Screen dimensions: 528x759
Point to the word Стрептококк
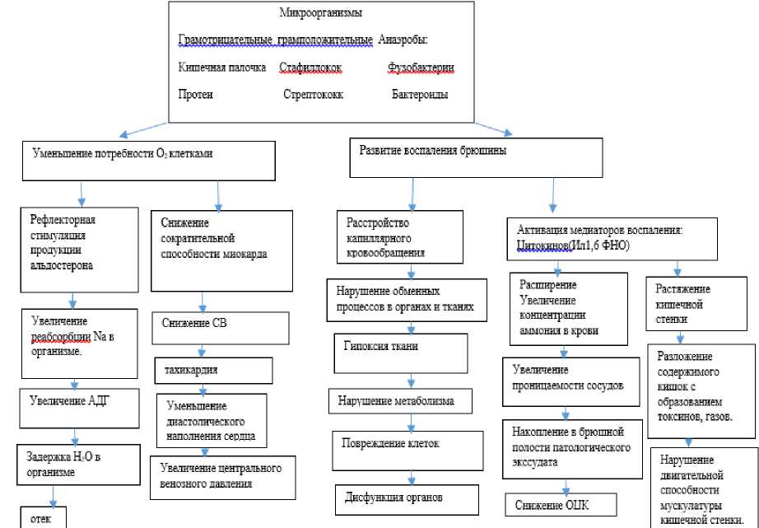[313, 95]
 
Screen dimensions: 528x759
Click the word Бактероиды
[420, 95]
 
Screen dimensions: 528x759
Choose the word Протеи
[196, 95]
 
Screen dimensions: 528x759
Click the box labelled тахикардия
[214, 370]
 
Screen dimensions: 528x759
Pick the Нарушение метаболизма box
[403, 402]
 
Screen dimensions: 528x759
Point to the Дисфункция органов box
[407, 499]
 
